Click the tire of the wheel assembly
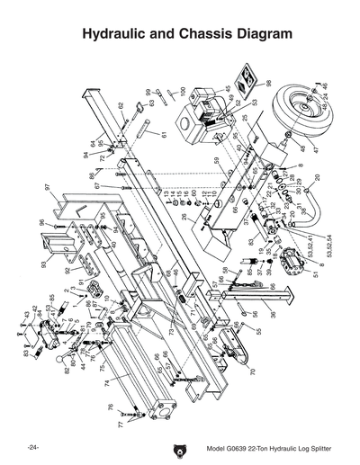296,112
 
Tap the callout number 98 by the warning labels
268,84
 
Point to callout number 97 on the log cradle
46,187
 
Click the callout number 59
217,161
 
